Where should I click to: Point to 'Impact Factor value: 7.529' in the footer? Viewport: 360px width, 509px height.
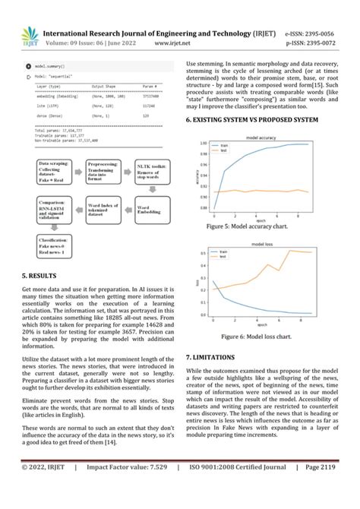134,488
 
